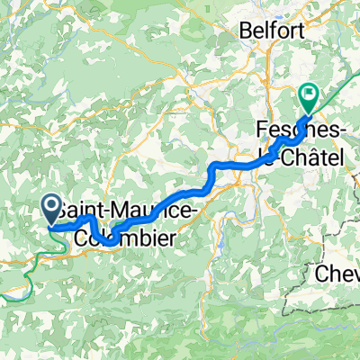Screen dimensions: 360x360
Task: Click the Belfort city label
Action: tap(269, 31)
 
